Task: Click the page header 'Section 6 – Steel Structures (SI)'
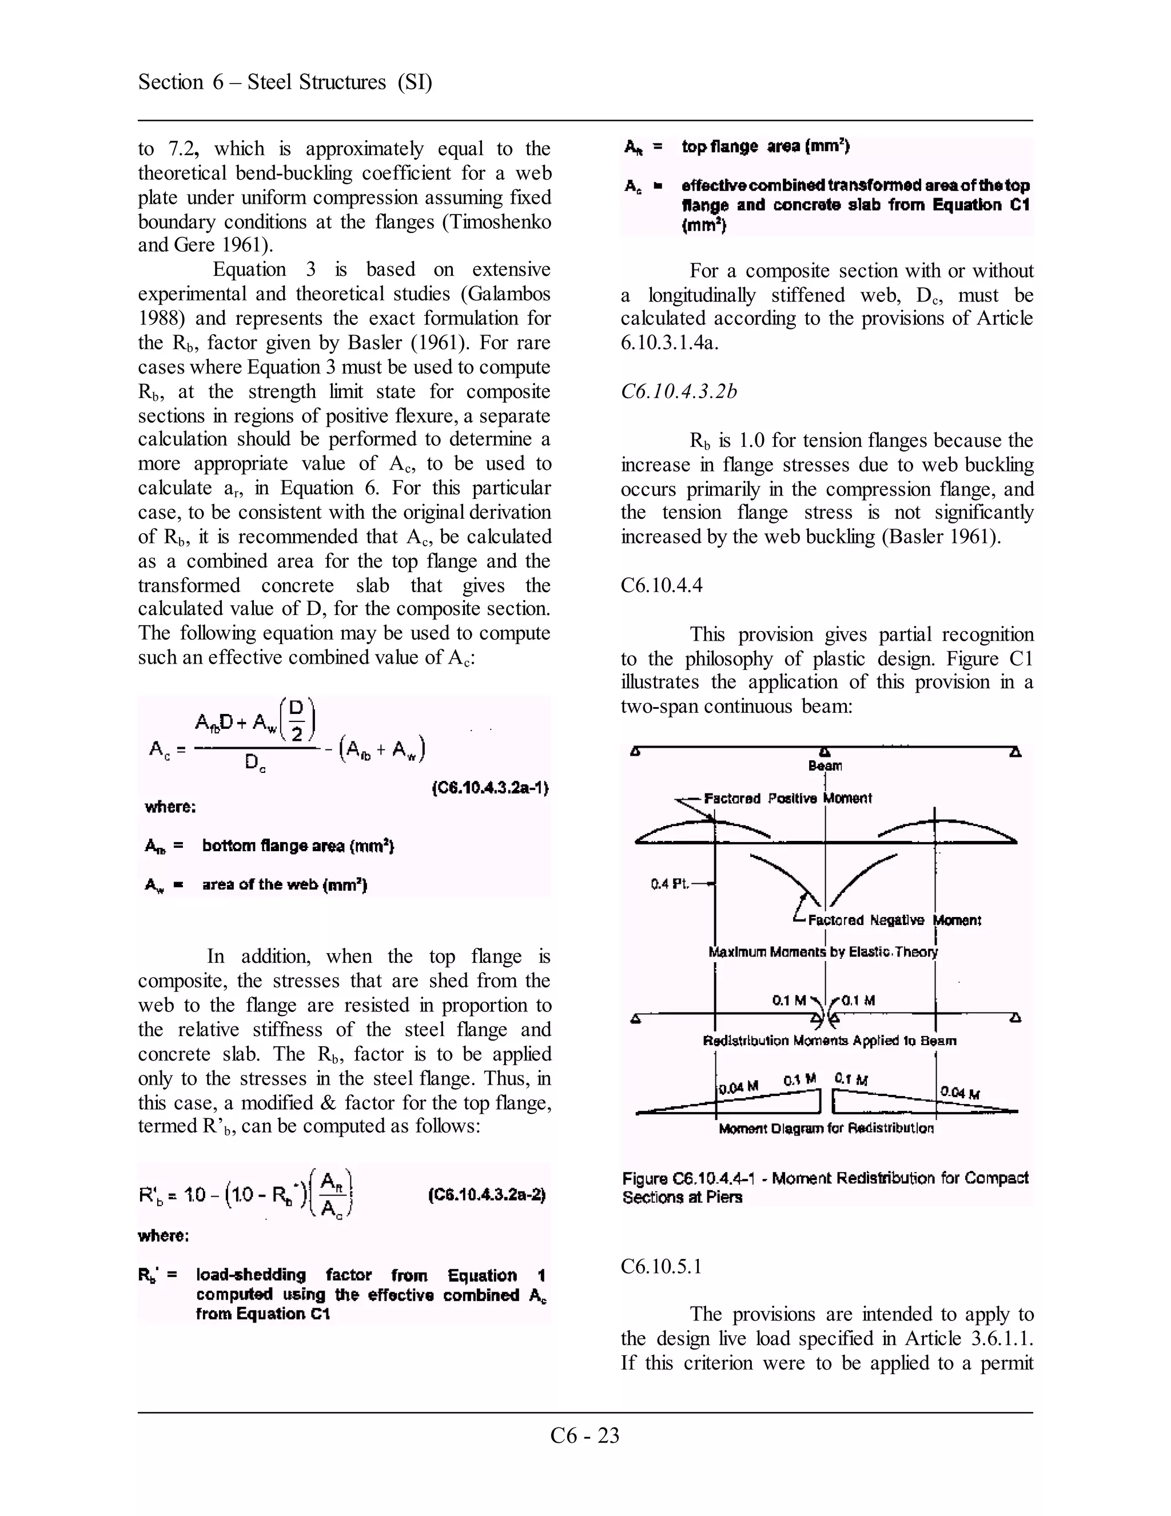285,82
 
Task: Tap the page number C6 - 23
584,1435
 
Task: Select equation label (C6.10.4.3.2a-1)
490,788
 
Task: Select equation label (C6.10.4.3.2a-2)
487,1194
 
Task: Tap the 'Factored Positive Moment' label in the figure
787,798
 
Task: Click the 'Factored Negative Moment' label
894,920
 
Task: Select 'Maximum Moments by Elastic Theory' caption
823,952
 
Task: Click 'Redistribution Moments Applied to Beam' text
829,1041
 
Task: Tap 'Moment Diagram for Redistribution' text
826,1129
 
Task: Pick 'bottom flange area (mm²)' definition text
297,846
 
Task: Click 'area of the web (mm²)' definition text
284,884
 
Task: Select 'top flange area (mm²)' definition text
765,146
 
